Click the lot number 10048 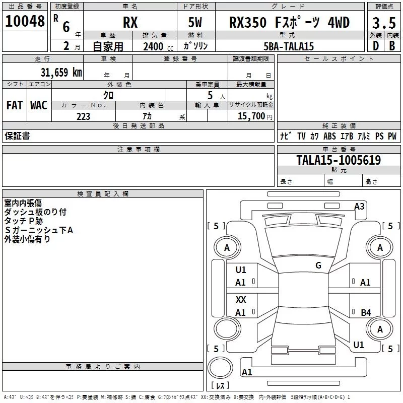tap(25, 21)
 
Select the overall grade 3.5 tap(384, 23)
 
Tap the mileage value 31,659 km tap(61, 73)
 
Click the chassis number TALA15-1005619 tap(339, 160)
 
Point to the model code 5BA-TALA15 tap(289, 46)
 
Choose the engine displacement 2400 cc tap(158, 46)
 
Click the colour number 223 tap(83, 116)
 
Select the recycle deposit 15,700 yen tap(255, 116)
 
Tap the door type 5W tap(195, 22)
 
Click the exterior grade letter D tap(376, 46)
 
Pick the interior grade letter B tap(392, 46)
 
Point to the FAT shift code tap(15, 105)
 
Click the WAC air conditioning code tap(39, 105)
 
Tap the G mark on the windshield tap(318, 265)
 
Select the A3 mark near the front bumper tap(359, 207)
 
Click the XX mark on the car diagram tap(241, 300)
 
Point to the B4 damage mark tap(366, 312)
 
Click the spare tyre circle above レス tap(220, 368)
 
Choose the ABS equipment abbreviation tap(329, 136)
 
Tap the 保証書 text tap(17, 136)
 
